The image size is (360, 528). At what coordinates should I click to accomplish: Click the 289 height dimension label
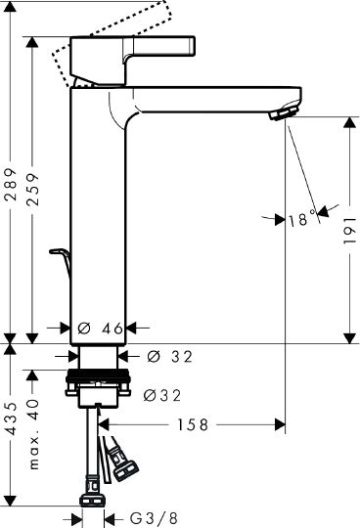pos(12,184)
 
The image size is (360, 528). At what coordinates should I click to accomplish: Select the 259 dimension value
pos(33,190)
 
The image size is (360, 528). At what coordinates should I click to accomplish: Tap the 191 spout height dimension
pos(350,231)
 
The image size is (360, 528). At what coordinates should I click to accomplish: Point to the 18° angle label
pos(302,219)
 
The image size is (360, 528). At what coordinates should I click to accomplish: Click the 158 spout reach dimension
pos(193,425)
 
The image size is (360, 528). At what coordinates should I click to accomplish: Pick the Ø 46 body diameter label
pos(101,328)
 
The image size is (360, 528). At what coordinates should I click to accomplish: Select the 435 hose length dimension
pos(12,418)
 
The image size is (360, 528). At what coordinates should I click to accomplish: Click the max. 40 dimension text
pos(33,433)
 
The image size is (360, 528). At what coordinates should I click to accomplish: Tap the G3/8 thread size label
pos(154,518)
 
